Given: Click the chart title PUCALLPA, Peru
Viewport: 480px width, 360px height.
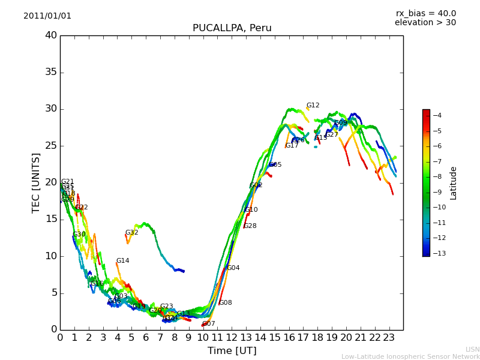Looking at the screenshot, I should click(232, 28).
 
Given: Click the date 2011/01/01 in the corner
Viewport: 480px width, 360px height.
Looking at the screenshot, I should click(47, 16).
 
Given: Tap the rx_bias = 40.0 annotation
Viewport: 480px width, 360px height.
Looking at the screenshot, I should click(425, 13).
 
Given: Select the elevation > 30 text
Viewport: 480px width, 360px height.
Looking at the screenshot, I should click(425, 23).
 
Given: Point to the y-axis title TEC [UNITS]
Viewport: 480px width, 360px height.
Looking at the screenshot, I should click(36, 182).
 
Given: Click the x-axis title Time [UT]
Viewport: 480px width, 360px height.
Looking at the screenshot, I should click(232, 350).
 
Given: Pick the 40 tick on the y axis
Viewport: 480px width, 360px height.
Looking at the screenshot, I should click(50, 35).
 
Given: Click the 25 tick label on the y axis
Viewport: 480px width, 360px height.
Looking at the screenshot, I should click(50, 146).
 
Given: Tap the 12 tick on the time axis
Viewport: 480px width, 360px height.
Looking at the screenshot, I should click(232, 337).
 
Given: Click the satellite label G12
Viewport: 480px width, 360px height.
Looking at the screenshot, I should click(313, 106).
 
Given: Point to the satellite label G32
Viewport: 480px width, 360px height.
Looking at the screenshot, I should click(131, 233).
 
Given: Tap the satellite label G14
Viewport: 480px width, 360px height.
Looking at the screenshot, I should click(122, 261).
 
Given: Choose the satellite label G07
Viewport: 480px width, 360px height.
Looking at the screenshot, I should click(208, 324).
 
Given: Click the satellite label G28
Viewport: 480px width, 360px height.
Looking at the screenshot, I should click(250, 226).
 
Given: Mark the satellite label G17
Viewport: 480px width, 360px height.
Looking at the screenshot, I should click(292, 146).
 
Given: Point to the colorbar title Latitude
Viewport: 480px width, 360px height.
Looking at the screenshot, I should click(454, 183).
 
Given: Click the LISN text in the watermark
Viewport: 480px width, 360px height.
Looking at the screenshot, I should click(472, 349).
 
